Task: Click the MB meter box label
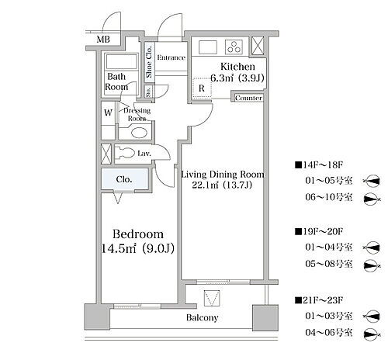click(103, 40)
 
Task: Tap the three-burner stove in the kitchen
click(234, 47)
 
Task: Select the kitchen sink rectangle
click(208, 47)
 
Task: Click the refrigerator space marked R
click(202, 88)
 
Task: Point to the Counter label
click(248, 98)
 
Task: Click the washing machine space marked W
click(108, 112)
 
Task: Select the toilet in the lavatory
click(124, 154)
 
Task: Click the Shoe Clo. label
click(149, 62)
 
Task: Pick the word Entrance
click(171, 57)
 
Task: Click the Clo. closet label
click(124, 179)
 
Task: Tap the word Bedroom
click(138, 234)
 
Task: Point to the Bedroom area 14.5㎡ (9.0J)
click(137, 248)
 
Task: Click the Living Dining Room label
click(223, 175)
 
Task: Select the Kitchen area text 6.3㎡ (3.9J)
click(237, 78)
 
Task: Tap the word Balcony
click(203, 317)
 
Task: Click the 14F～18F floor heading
click(319, 164)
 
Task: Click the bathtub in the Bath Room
click(122, 61)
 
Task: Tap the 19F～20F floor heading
click(319, 231)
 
